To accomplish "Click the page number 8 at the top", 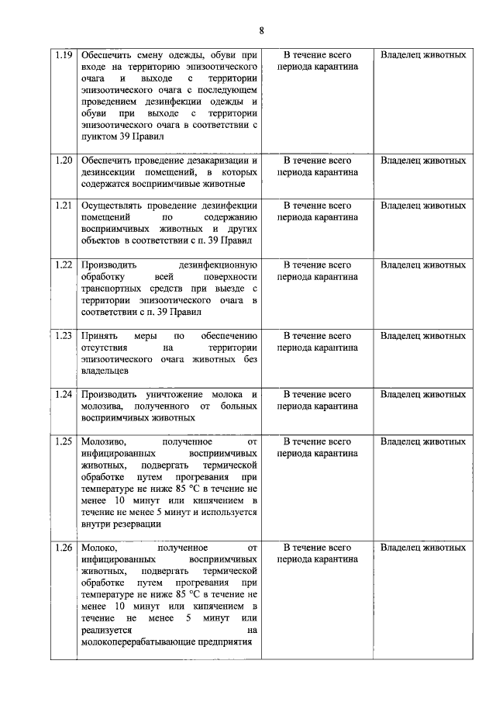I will (x=262, y=31).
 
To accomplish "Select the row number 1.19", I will (x=64, y=56).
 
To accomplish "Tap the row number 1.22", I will (x=64, y=265).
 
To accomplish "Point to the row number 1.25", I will (x=64, y=442).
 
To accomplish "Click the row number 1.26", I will (x=64, y=548).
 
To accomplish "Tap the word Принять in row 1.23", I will (x=98, y=336).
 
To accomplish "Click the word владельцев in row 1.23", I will (x=105, y=371).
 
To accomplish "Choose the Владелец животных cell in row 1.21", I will (x=423, y=206).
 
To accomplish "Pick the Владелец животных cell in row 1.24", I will (x=423, y=394).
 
